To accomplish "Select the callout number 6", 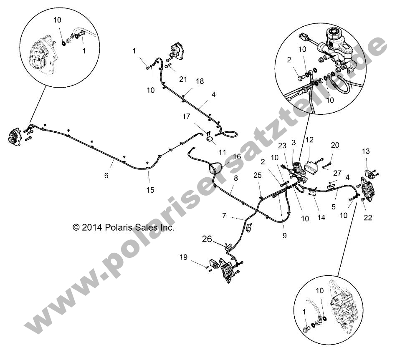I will click(106, 176).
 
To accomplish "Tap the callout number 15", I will click(150, 190).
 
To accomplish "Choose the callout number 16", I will click(237, 156).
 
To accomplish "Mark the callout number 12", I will click(309, 140).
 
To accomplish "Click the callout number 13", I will click(366, 151).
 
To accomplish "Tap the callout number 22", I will click(368, 217).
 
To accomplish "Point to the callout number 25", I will click(258, 176).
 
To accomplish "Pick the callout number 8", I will click(236, 178).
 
